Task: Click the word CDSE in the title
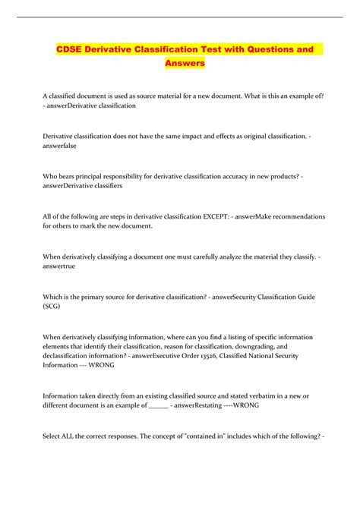74,50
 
